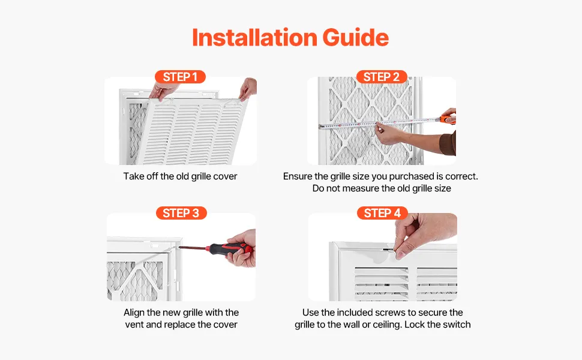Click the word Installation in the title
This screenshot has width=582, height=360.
coord(254,37)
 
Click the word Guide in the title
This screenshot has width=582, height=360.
coord(356,37)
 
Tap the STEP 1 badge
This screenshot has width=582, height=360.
coord(180,77)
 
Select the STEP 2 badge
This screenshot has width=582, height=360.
coord(382,77)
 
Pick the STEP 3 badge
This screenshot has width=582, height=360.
coord(181,213)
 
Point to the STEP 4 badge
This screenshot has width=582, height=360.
coord(382,213)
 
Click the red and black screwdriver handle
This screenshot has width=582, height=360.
coord(231,248)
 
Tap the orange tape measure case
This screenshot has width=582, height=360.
coord(448,119)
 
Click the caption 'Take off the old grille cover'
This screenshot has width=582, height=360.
coord(181,176)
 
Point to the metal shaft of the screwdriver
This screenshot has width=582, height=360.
coord(194,248)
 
